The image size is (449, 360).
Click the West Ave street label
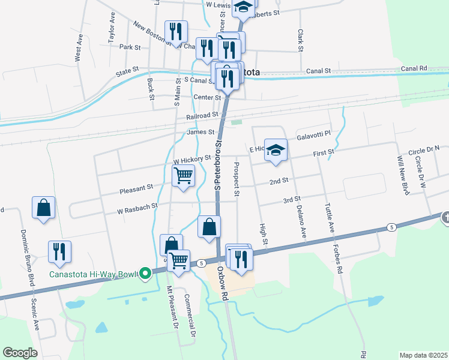click(x=78, y=47)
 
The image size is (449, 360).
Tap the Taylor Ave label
click(x=112, y=27)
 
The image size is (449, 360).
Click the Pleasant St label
click(x=136, y=187)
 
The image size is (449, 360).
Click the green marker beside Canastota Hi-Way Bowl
click(x=145, y=274)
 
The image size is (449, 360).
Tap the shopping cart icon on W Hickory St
click(x=183, y=176)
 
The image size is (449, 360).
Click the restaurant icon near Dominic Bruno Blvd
click(x=59, y=251)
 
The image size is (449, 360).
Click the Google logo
click(x=20, y=353)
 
